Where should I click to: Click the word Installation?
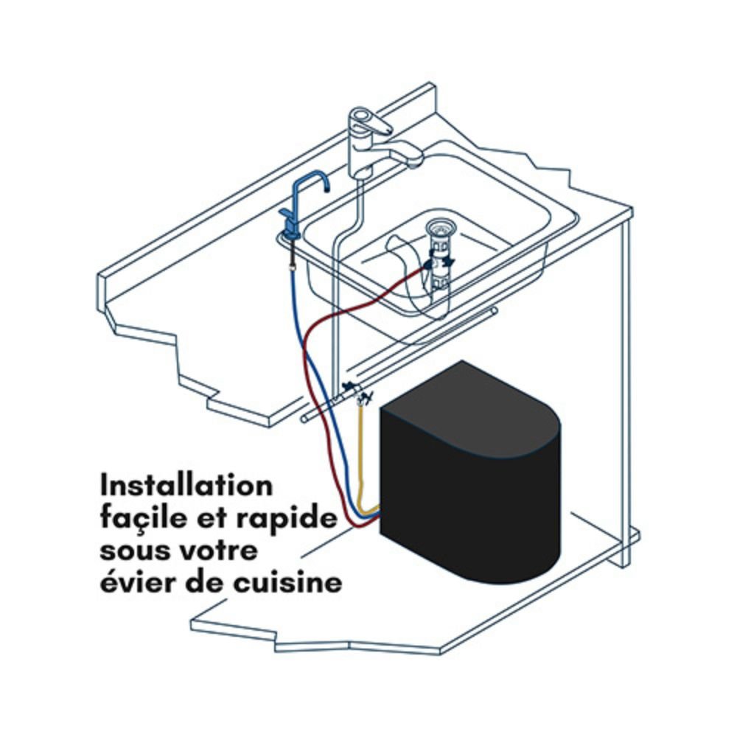(x=186, y=486)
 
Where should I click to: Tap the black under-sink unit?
(x=470, y=475)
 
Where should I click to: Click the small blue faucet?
(x=301, y=207)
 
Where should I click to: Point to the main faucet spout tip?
(x=414, y=162)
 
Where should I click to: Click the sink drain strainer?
(x=438, y=230)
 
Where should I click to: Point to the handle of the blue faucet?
(x=286, y=215)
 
